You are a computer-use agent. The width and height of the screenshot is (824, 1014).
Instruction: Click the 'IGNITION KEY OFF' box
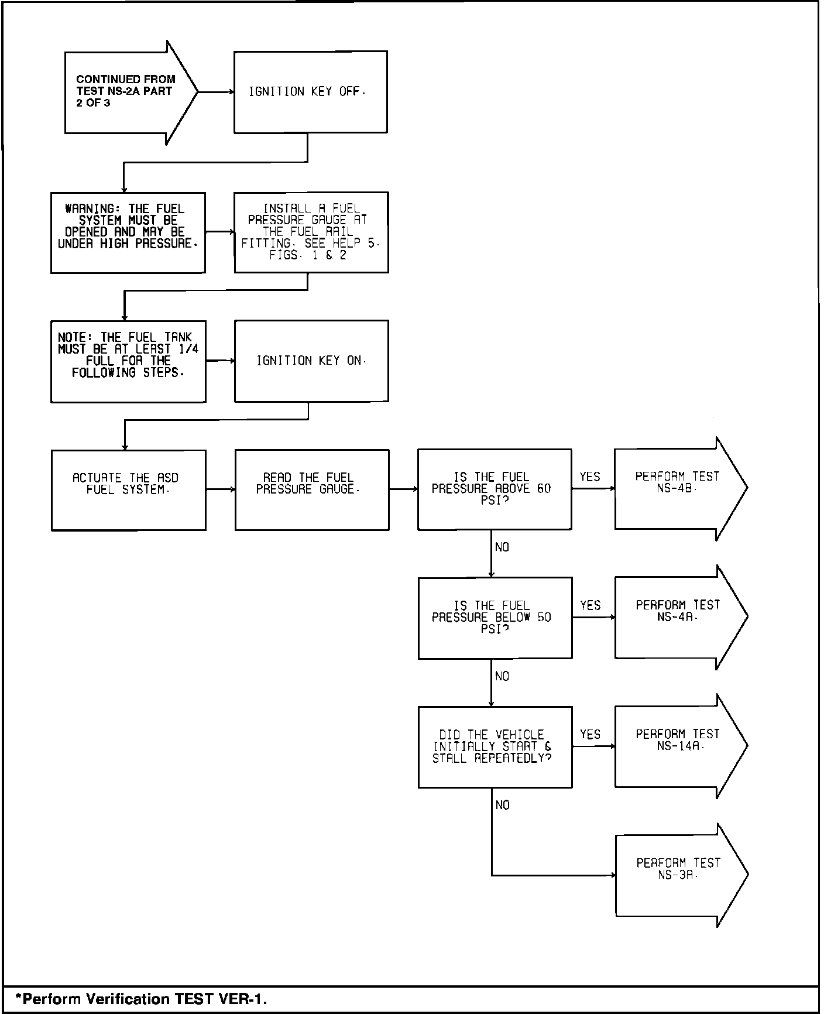pyautogui.click(x=310, y=92)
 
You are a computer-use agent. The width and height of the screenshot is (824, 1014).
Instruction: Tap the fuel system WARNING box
pyautogui.click(x=128, y=232)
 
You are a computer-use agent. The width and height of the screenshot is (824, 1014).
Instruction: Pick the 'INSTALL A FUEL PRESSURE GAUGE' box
pyautogui.click(x=311, y=232)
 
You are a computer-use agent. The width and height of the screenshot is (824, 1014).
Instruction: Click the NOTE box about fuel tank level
pyautogui.click(x=128, y=361)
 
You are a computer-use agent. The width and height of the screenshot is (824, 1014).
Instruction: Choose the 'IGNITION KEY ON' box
pyautogui.click(x=311, y=361)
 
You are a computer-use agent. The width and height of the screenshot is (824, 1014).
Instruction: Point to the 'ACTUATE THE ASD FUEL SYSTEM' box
pyautogui.click(x=128, y=490)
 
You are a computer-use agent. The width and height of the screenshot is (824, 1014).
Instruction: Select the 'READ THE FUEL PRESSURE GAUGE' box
pyautogui.click(x=312, y=489)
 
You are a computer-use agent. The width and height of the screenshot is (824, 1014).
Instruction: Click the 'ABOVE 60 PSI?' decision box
pyautogui.click(x=495, y=489)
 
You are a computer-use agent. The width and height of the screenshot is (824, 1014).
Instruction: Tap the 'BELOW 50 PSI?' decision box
pyautogui.click(x=495, y=618)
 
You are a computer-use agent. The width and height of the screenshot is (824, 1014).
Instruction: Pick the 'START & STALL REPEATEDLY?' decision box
pyautogui.click(x=495, y=746)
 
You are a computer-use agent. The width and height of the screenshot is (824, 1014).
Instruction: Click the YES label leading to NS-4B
pyautogui.click(x=590, y=477)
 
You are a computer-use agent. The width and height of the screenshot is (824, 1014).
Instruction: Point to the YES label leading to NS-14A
pyautogui.click(x=590, y=735)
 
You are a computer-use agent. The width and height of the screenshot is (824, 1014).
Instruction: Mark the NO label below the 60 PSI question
pyautogui.click(x=502, y=547)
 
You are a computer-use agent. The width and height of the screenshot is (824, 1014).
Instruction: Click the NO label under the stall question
pyautogui.click(x=503, y=806)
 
